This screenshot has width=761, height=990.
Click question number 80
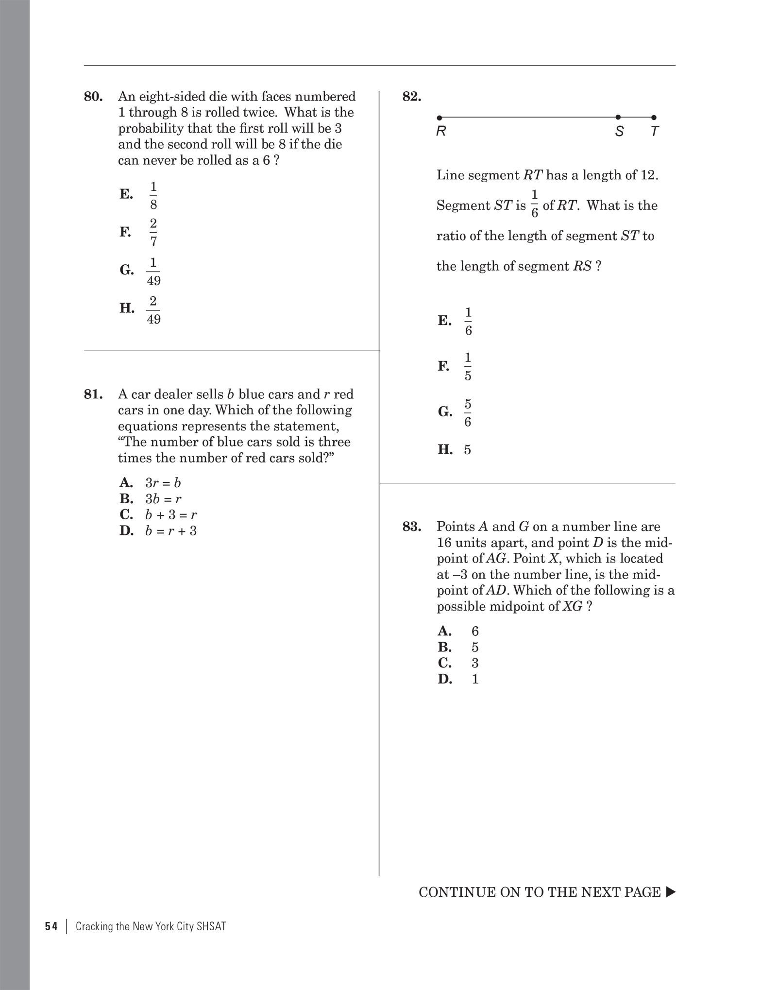(93, 97)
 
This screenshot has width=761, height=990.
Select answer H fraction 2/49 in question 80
(153, 310)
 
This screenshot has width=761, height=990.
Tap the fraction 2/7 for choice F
(153, 232)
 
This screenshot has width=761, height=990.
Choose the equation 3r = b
(163, 483)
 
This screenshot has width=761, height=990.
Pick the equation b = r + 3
(171, 531)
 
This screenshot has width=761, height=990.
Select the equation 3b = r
(163, 499)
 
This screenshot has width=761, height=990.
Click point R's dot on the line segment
(440, 118)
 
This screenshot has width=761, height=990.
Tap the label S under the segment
(619, 132)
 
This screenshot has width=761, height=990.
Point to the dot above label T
(654, 118)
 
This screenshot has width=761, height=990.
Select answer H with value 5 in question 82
(467, 450)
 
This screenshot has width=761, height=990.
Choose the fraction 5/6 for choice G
(467, 413)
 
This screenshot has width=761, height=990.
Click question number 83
(412, 527)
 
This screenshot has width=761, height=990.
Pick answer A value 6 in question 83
(475, 632)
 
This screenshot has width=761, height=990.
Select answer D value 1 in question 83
(475, 679)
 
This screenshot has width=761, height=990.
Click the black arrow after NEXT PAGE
(671, 892)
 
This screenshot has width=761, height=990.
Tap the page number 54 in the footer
(51, 927)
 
